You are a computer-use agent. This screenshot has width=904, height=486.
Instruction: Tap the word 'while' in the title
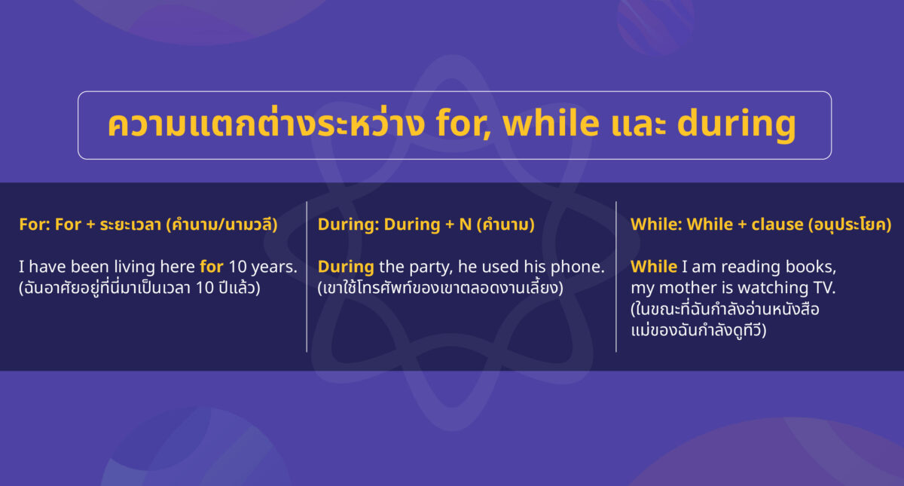pos(551,123)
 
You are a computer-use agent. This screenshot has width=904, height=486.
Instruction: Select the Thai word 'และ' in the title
pos(639,126)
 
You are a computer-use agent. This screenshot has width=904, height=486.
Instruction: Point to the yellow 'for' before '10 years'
pos(212,267)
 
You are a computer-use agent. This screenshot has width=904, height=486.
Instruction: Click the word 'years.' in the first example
pos(274,267)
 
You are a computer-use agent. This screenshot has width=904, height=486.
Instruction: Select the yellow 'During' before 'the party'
pos(346,267)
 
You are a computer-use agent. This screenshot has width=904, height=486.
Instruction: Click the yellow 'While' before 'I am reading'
pos(654,267)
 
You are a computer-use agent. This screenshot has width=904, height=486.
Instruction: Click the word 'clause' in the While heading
pos(777,225)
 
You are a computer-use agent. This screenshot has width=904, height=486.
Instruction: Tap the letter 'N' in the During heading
pos(466,225)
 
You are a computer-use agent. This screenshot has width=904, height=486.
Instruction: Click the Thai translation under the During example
pos(440,288)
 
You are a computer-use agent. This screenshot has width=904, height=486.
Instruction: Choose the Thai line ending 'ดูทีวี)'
pos(698,330)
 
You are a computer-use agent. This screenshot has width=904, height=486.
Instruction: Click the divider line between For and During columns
pos(307,277)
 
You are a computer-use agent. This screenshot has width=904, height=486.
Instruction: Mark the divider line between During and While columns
pos(616,277)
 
